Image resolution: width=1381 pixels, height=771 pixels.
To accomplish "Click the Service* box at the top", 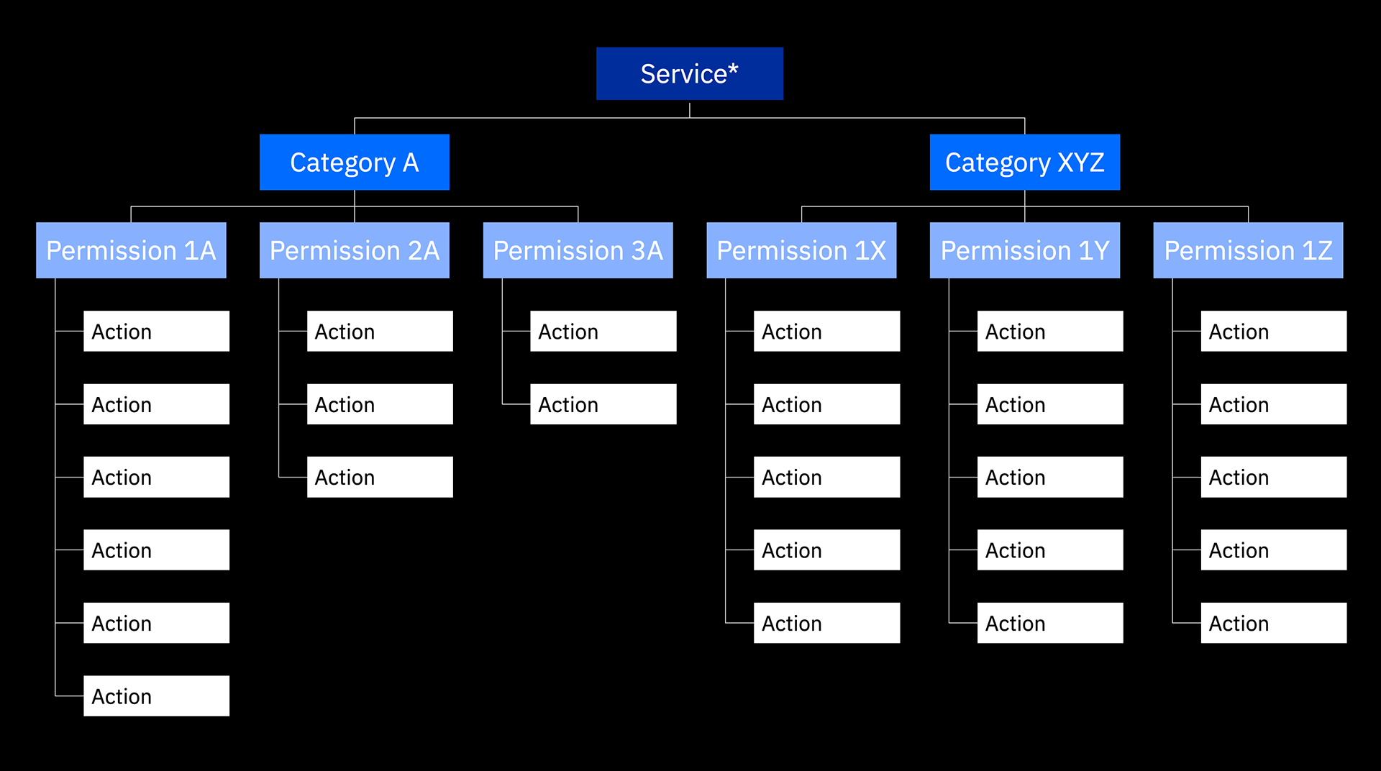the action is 690,73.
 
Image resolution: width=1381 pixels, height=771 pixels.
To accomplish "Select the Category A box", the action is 355,162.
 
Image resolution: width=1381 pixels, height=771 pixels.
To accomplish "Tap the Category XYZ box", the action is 1025,162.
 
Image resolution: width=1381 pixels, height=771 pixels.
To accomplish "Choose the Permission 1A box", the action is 131,250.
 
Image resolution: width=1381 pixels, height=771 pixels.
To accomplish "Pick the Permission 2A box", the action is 355,250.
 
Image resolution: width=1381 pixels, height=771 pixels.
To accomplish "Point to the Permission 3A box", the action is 578,250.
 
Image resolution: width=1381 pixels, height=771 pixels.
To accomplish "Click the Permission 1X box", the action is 802,250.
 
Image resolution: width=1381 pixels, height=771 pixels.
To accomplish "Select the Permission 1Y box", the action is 1025,250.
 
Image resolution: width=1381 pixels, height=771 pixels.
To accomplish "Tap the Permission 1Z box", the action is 1249,250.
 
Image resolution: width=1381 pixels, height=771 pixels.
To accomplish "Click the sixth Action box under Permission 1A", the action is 157,695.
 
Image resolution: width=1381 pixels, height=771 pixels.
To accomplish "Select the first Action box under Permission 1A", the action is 157,331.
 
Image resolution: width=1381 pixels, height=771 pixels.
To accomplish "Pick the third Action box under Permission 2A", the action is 380,477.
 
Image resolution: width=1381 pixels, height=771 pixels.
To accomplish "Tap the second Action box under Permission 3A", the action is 603,404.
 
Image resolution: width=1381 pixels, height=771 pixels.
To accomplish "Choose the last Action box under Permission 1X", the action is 827,623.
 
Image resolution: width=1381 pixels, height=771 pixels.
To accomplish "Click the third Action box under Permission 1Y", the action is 1050,477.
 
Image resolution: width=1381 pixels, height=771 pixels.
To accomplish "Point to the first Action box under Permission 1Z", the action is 1274,331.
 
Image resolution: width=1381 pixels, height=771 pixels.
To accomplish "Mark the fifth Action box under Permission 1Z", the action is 1274,623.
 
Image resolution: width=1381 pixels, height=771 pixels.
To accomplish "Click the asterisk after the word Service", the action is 733,68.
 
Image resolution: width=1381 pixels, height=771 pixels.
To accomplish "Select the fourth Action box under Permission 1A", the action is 157,550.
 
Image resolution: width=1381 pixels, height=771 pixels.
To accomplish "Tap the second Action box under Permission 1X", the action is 827,404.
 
